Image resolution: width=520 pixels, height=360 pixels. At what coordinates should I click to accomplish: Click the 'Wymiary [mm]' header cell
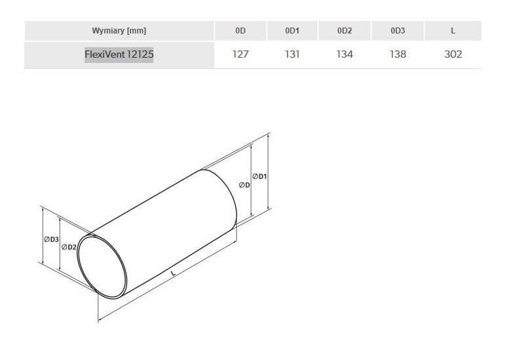[x=119, y=31]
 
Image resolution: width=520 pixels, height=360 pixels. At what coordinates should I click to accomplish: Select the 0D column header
[x=241, y=31]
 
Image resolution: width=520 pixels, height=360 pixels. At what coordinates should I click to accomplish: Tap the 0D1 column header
[x=292, y=31]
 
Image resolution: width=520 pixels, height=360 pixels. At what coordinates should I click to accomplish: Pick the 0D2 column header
[x=344, y=31]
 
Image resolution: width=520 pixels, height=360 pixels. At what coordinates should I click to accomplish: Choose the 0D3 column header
[x=397, y=31]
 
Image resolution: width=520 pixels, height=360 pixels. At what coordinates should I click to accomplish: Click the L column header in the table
[x=453, y=31]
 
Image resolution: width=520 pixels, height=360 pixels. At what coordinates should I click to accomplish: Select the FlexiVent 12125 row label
[x=119, y=54]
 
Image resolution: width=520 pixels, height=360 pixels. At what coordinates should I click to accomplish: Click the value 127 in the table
[x=241, y=54]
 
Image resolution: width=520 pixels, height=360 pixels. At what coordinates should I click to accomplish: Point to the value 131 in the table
[x=292, y=54]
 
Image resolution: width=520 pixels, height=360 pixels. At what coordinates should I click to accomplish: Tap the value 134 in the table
[x=344, y=54]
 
